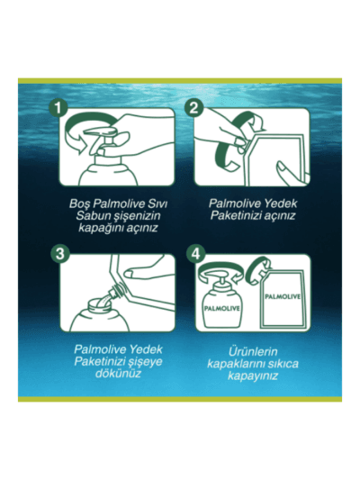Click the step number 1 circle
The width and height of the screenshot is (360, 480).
click(x=58, y=108)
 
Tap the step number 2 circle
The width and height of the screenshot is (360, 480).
click(x=193, y=107)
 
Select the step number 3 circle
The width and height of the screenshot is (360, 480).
click(x=60, y=253)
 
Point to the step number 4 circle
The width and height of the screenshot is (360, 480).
click(x=195, y=253)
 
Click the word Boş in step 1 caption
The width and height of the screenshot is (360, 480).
click(x=79, y=204)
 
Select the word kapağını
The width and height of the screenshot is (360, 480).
click(x=100, y=229)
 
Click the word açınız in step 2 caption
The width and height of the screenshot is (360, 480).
click(x=279, y=216)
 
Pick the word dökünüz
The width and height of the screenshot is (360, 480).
click(x=119, y=374)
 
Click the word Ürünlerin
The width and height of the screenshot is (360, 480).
click(x=253, y=352)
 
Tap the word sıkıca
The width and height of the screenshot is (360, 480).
click(x=283, y=364)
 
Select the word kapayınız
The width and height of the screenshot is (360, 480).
click(x=253, y=376)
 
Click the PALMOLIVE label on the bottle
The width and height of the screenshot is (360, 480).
click(x=222, y=309)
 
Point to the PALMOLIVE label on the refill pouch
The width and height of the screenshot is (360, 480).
click(x=283, y=296)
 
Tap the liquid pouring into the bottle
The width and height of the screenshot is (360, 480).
click(x=103, y=300)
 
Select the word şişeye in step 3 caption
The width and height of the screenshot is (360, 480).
click(x=144, y=362)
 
